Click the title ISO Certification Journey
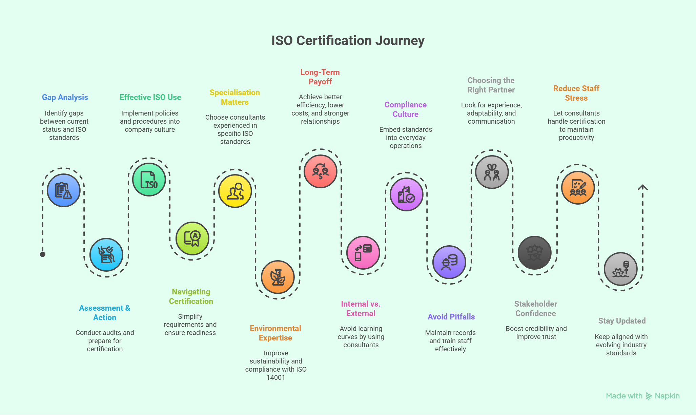(348, 41)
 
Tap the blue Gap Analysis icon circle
(64, 190)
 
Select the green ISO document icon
(149, 180)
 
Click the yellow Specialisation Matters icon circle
(235, 191)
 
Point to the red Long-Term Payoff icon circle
(320, 171)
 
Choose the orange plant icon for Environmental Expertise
(278, 277)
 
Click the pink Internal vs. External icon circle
(363, 253)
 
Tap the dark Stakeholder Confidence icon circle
(535, 253)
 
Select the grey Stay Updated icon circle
(621, 269)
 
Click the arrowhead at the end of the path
(643, 187)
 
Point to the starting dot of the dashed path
(43, 254)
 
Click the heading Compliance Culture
(406, 109)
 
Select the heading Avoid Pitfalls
(451, 317)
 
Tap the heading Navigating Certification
(191, 296)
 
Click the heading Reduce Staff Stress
(576, 93)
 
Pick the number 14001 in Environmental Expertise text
(276, 377)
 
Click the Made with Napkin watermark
(643, 396)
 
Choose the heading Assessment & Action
(105, 313)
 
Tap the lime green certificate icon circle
(192, 238)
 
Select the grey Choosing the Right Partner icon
(492, 172)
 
